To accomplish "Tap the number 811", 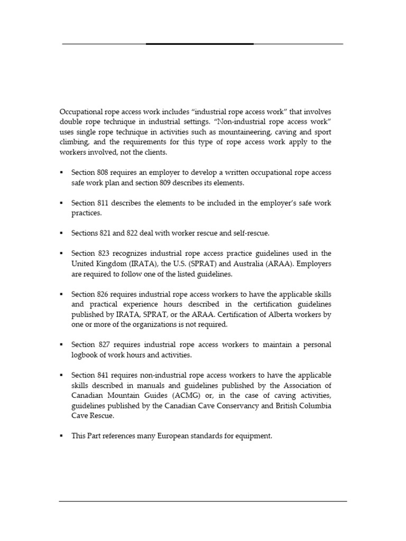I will point(104,203).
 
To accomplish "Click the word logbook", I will point(88,355).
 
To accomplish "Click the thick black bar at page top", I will point(200,44).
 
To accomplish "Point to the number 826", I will point(104,294).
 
